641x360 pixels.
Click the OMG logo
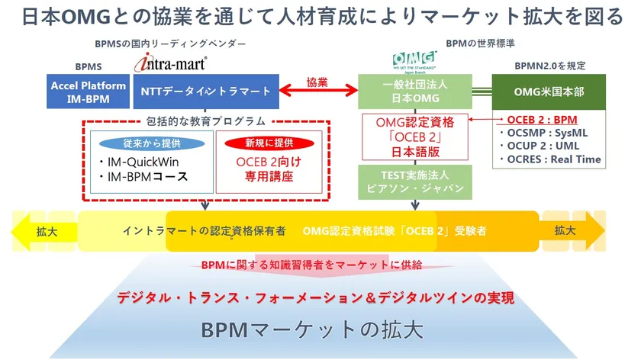[x=414, y=59]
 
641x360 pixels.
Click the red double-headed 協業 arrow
[x=318, y=92]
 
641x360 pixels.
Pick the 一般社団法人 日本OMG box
[x=414, y=91]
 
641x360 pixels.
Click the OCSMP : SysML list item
[x=547, y=133]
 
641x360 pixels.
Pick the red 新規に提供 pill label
[x=264, y=143]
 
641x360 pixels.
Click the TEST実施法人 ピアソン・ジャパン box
[x=414, y=180]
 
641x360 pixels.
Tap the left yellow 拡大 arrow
[x=42, y=230]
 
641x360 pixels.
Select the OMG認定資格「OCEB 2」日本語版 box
[x=414, y=136]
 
